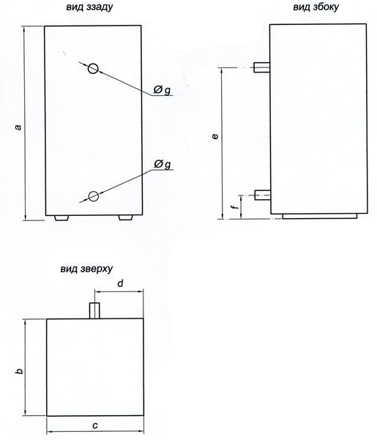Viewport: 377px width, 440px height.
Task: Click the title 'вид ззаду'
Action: pos(89,7)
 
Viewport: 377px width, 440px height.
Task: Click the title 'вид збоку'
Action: pos(316,7)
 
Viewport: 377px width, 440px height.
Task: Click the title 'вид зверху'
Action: pos(86,269)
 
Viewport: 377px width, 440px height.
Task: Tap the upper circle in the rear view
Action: pos(93,68)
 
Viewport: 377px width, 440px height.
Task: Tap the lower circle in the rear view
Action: pos(94,196)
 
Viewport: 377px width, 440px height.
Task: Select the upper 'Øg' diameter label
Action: pos(162,90)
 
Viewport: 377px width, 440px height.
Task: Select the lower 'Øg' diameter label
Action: pos(162,164)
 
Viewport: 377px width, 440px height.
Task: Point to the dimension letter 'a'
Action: pos(18,127)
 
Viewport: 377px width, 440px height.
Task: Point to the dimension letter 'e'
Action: pos(215,136)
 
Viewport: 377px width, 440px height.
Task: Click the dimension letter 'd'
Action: pos(120,283)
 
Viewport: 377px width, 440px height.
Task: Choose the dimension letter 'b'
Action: pos(19,371)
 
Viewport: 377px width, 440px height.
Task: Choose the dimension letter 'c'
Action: pos(95,425)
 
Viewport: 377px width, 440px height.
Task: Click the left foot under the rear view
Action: pos(61,218)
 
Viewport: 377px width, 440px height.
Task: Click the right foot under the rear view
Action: pos(125,217)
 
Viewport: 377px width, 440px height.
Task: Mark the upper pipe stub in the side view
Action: pos(262,67)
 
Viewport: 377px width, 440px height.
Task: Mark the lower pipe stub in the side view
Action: pos(263,195)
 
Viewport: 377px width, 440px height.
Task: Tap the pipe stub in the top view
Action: pos(94,310)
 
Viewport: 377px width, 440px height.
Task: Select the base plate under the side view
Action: pos(319,216)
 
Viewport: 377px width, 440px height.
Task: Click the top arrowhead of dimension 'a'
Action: pos(25,27)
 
